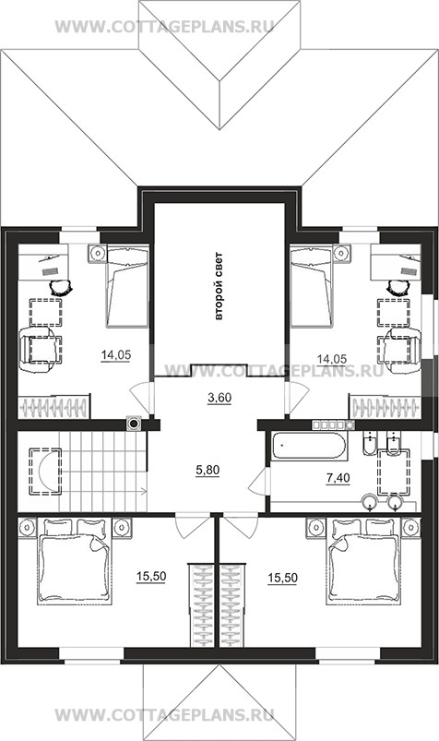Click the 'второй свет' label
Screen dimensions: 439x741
pyautogui.click(x=219, y=287)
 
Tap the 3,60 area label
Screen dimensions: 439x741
pyautogui.click(x=219, y=398)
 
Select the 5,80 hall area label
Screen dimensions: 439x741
pyautogui.click(x=208, y=471)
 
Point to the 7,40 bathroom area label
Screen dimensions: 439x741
pyautogui.click(x=338, y=478)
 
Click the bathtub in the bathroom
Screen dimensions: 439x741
pyautogui.click(x=310, y=446)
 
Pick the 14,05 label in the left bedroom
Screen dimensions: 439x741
pyautogui.click(x=116, y=355)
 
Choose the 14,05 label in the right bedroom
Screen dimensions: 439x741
pyautogui.click(x=332, y=359)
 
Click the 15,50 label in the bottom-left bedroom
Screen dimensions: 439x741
pyautogui.click(x=151, y=577)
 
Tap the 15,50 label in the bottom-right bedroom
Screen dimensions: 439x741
pyautogui.click(x=282, y=578)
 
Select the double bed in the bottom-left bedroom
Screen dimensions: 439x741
pyautogui.click(x=75, y=561)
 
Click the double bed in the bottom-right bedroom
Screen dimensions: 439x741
pyautogui.click(x=364, y=561)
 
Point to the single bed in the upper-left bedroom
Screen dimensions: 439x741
pyautogui.click(x=127, y=286)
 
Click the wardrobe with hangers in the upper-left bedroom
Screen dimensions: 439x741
pyautogui.click(x=53, y=406)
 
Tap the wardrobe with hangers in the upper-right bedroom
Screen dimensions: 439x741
pyautogui.click(x=386, y=406)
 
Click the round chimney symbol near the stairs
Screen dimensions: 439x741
pyautogui.click(x=135, y=424)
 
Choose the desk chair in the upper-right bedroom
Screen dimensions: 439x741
pyautogui.click(x=396, y=286)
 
